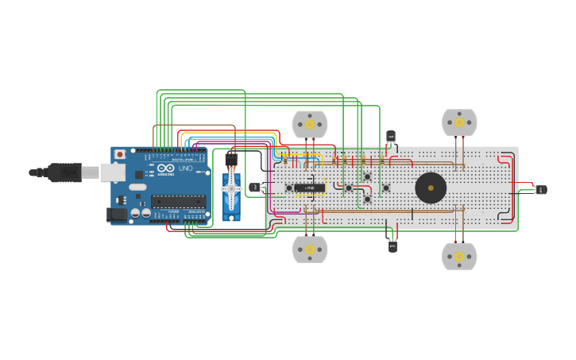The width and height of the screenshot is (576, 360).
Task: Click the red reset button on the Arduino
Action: [x=120, y=154]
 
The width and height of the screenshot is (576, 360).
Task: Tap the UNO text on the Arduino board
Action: [x=184, y=168]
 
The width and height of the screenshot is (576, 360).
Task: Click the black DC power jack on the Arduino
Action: [x=116, y=213]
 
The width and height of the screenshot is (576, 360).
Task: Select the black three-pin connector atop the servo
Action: [x=231, y=159]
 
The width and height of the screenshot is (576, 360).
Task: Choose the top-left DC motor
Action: [x=310, y=125]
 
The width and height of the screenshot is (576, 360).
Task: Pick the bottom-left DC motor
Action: [x=310, y=249]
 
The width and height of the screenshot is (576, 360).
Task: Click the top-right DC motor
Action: [x=459, y=122]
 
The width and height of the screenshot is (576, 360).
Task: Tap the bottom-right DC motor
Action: [x=459, y=256]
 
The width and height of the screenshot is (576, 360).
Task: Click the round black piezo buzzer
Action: [x=431, y=188]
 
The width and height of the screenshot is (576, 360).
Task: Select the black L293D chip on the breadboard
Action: [x=310, y=188]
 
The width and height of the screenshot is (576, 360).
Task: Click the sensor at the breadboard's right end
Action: [x=541, y=189]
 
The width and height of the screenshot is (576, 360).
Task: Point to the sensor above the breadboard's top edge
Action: [x=390, y=137]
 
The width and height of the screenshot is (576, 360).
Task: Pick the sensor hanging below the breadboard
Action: [x=392, y=246]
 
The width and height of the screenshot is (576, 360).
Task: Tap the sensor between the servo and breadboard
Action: [x=254, y=188]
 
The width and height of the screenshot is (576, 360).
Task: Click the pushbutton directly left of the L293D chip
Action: [x=288, y=188]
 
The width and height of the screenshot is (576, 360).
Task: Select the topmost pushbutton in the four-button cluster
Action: [x=367, y=176]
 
